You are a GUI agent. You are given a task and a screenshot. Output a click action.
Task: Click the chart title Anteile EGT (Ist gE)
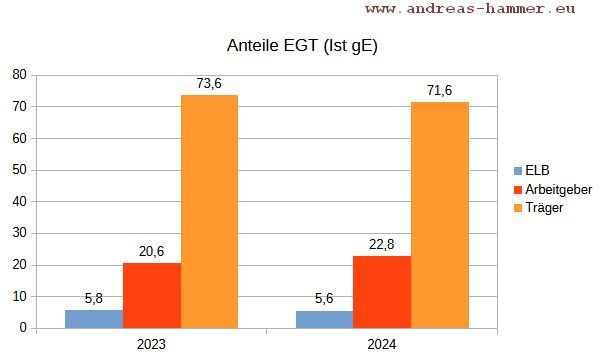click(x=303, y=46)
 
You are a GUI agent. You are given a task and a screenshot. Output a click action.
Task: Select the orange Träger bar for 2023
click(x=209, y=211)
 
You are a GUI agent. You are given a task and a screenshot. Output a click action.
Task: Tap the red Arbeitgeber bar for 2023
click(x=152, y=295)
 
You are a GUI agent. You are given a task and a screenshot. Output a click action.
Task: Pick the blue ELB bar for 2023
click(x=94, y=319)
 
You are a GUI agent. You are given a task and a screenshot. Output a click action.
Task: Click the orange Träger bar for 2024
click(x=439, y=214)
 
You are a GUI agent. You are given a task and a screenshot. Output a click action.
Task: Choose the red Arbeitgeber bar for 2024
click(x=382, y=292)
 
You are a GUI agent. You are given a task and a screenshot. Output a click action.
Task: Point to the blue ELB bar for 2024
click(x=324, y=320)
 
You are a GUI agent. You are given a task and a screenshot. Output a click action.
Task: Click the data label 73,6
click(x=209, y=84)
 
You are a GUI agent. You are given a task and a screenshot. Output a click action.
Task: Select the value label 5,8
click(x=94, y=299)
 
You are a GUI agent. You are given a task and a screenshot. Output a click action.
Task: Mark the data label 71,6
click(x=439, y=91)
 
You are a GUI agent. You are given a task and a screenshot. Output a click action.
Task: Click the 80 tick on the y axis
click(x=19, y=75)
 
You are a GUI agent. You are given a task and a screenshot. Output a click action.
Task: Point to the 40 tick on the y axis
click(x=19, y=202)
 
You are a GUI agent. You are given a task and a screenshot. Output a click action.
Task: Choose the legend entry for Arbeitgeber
click(x=558, y=189)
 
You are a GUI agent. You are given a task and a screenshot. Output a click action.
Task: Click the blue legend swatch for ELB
click(x=517, y=171)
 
